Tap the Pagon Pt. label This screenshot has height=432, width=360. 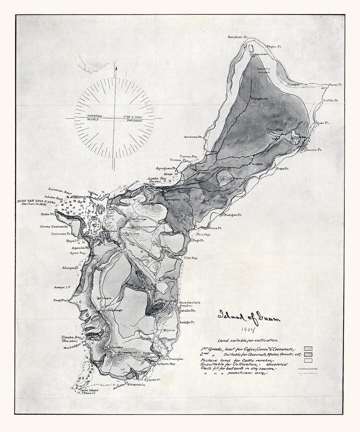pyautogui.click(x=274, y=47)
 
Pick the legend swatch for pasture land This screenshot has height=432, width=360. pyautogui.click(x=307, y=360)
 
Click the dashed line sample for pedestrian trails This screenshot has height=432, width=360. pyautogui.click(x=307, y=374)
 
